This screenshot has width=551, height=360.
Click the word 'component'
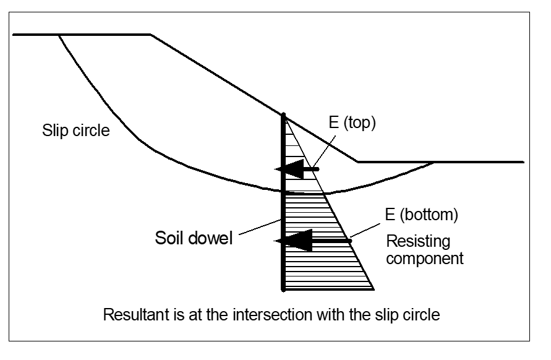425,258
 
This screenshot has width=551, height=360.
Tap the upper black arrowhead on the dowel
289,168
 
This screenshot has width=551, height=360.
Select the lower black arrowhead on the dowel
292,241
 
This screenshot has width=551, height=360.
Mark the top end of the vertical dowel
283,115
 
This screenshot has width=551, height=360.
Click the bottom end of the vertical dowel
283,289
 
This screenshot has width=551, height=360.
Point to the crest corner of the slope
152,35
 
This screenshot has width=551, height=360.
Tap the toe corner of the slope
358,162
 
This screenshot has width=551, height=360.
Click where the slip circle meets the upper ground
58,35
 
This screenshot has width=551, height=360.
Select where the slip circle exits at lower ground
434,162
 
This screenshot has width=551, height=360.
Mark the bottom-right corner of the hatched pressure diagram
374,289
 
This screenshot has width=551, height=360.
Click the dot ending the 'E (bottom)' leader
350,241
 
